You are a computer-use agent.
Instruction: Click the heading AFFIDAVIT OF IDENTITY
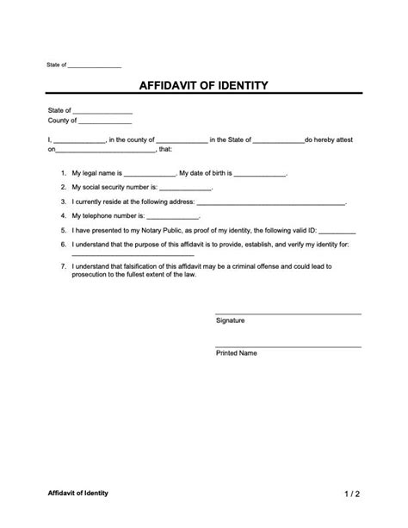pyautogui.click(x=203, y=86)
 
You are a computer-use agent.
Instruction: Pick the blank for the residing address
pyautogui.click(x=271, y=203)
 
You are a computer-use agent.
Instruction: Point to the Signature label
pyautogui.click(x=230, y=320)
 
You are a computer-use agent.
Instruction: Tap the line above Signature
pyautogui.click(x=287, y=313)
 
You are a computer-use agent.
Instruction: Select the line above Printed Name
pyautogui.click(x=287, y=345)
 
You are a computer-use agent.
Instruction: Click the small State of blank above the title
pyautogui.click(x=95, y=66)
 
